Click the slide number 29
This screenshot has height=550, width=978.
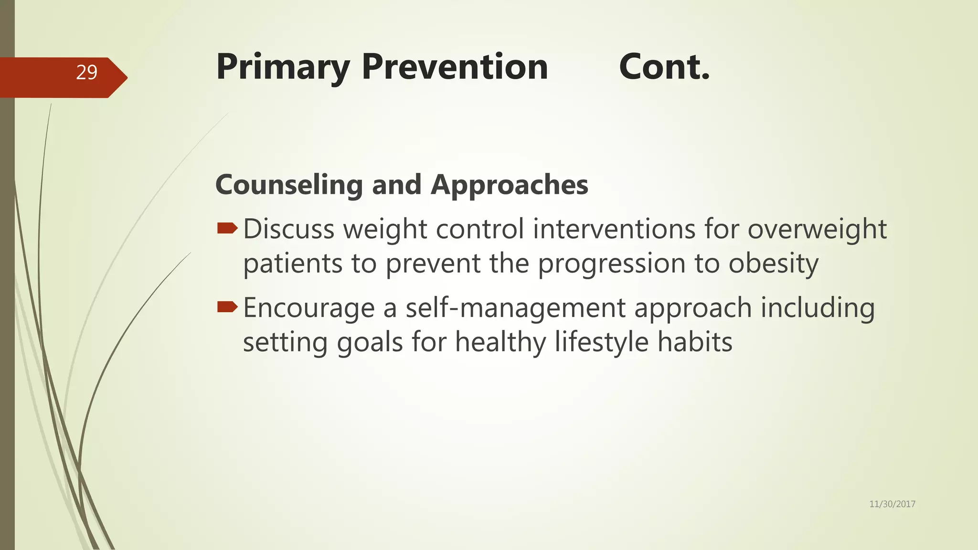(86, 73)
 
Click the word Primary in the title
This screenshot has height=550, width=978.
(283, 67)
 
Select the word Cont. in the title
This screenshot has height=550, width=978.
(664, 67)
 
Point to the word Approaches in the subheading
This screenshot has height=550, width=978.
(509, 185)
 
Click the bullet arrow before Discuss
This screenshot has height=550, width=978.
(227, 229)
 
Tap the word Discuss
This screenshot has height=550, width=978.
(289, 229)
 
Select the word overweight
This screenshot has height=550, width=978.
(817, 229)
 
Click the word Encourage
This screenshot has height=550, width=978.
(309, 308)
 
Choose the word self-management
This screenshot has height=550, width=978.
(515, 308)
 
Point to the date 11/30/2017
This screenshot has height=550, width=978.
(892, 504)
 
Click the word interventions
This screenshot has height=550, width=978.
(614, 229)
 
